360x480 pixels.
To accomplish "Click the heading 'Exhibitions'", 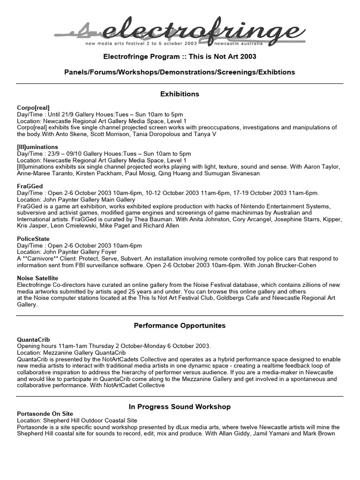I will (x=180, y=94).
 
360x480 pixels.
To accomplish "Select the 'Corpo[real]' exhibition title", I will (x=33, y=107).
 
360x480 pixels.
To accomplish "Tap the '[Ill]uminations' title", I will (x=37, y=147).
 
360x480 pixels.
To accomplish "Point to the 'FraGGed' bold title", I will (x=30, y=186).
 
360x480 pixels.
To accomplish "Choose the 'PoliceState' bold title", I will (x=33, y=239).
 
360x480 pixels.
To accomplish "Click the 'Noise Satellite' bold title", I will (x=37, y=278).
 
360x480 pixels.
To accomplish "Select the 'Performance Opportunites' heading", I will (x=180, y=325).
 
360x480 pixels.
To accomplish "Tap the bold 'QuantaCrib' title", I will (x=33, y=339).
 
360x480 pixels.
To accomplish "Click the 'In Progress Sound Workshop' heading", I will (x=180, y=406).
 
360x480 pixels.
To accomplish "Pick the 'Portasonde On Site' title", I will (x=45, y=413).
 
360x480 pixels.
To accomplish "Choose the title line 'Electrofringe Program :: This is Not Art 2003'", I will (x=180, y=57).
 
